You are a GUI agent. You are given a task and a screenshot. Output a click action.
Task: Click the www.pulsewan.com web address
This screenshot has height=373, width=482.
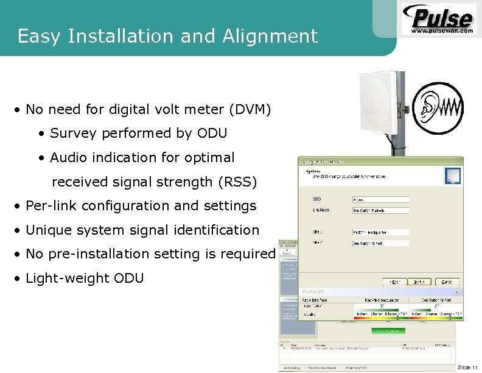tap(442, 30)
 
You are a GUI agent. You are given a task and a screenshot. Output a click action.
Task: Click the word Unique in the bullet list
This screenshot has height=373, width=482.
tap(49, 230)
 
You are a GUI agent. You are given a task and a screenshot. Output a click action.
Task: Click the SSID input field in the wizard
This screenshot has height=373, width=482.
tap(380, 199)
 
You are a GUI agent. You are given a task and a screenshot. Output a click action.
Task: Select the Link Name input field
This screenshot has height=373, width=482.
tap(380, 210)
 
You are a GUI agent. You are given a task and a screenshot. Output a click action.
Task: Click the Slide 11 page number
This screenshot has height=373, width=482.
tap(467, 367)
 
